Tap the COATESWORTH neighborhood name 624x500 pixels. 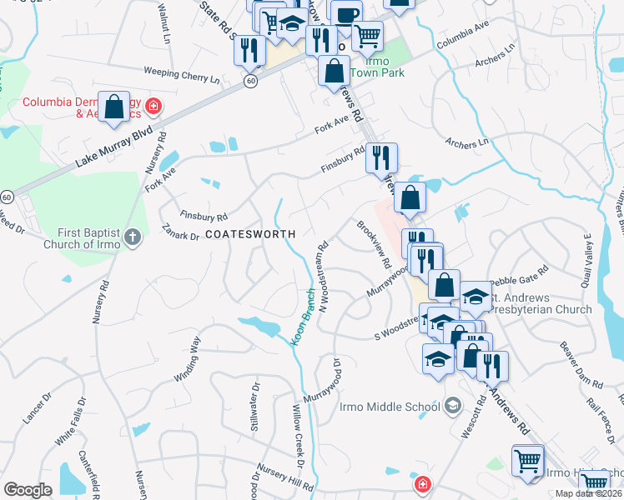pos(249,235)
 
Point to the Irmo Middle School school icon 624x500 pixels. pos(453,406)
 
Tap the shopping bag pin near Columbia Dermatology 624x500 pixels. pos(114,107)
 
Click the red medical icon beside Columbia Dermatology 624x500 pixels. pos(153,107)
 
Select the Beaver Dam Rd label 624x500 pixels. pos(581,367)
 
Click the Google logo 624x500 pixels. pos(28,490)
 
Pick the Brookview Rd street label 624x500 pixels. pos(374,244)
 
